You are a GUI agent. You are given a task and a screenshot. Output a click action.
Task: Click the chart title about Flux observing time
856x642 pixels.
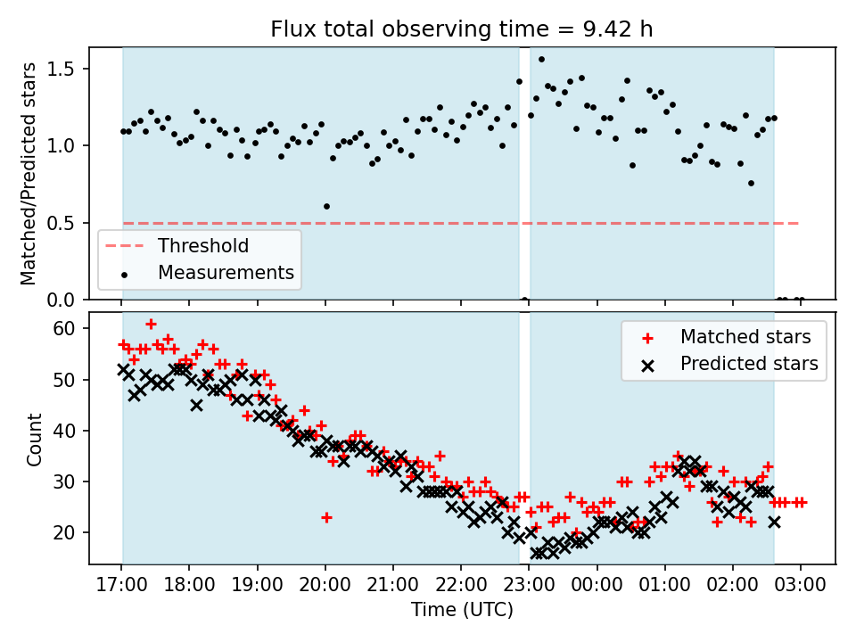pos(462,29)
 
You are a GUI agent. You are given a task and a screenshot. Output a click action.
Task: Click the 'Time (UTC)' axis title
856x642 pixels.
pos(462,611)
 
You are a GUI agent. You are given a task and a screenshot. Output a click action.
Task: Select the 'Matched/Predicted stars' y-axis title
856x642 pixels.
pos(29,174)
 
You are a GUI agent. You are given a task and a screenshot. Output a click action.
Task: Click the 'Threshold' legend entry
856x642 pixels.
pos(203,246)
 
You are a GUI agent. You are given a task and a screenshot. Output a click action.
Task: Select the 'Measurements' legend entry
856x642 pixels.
pos(226,272)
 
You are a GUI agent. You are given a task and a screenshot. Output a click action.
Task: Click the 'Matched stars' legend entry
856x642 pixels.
pos(745,337)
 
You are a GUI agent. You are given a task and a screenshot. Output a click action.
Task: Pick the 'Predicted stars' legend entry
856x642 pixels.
pos(749,363)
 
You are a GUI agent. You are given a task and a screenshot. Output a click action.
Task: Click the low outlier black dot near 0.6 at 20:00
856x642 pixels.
pos(326,206)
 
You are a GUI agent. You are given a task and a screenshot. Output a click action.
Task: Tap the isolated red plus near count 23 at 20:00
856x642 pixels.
pos(326,517)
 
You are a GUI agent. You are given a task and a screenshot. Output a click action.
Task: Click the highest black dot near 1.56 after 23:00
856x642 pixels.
pos(541,60)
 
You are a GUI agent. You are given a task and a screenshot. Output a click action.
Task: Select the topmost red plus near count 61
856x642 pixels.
pos(151,324)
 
